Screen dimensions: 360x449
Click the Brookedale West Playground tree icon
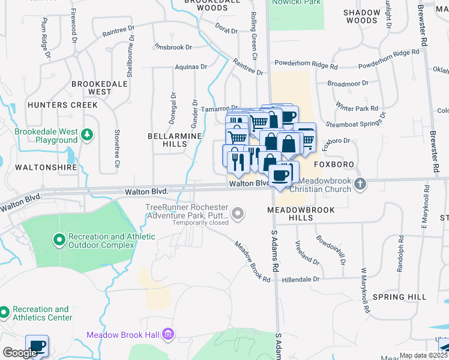pyautogui.click(x=88, y=133)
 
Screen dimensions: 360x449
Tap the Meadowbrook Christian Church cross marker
pyautogui.click(x=360, y=184)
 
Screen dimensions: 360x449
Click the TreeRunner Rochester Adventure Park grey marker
pyautogui.click(x=238, y=213)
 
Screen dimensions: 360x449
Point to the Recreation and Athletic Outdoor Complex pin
pyautogui.click(x=59, y=241)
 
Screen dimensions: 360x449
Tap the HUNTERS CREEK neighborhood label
pyautogui.click(x=62, y=105)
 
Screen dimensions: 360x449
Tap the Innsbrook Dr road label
pyautogui.click(x=173, y=47)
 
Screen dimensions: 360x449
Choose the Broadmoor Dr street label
pyautogui.click(x=348, y=84)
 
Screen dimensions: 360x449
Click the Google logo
pyautogui.click(x=20, y=353)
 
